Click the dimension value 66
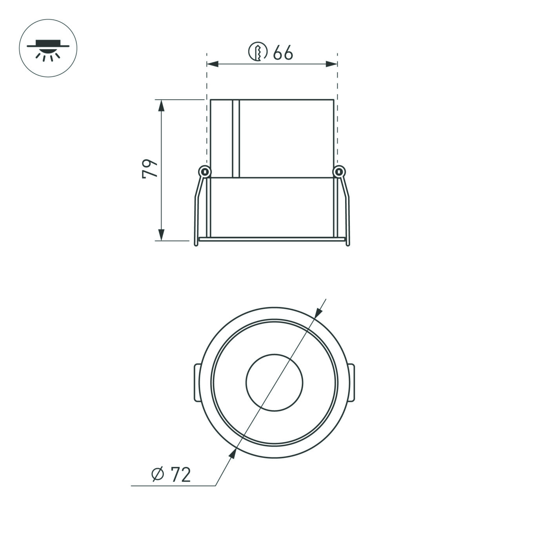tap(283, 53)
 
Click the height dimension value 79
tap(150, 169)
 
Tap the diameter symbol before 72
tap(158, 475)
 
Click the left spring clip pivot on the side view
tap(204, 171)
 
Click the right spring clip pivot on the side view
tap(339, 171)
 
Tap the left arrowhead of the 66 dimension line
tap(212, 64)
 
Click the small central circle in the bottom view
tap(274, 383)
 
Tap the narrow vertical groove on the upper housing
tap(235, 138)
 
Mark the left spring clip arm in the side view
tap(198, 208)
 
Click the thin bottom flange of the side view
tap(272, 238)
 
